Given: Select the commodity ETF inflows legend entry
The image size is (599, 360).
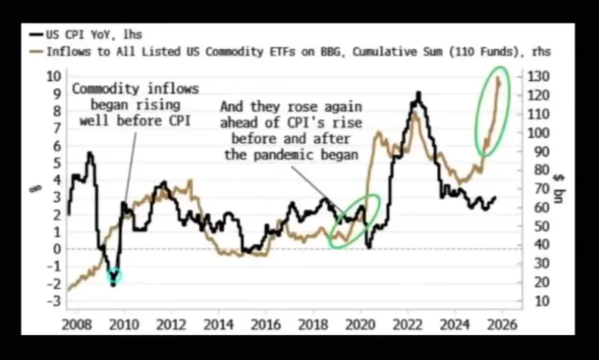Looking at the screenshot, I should coord(288,52).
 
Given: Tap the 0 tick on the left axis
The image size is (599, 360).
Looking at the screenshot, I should coord(55,249).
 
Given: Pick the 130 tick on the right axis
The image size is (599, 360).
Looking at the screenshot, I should coord(538,77).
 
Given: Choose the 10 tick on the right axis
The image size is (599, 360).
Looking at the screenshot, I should coord(535,301).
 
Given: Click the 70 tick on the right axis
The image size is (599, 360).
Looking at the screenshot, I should coord(535,189).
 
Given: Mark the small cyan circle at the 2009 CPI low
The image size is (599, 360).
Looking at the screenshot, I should coord(114,277).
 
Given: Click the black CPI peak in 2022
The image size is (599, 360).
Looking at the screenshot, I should coord(418,94).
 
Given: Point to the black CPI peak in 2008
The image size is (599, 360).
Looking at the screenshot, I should coord(89,154).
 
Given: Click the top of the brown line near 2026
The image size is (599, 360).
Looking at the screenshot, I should coord(498,77).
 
